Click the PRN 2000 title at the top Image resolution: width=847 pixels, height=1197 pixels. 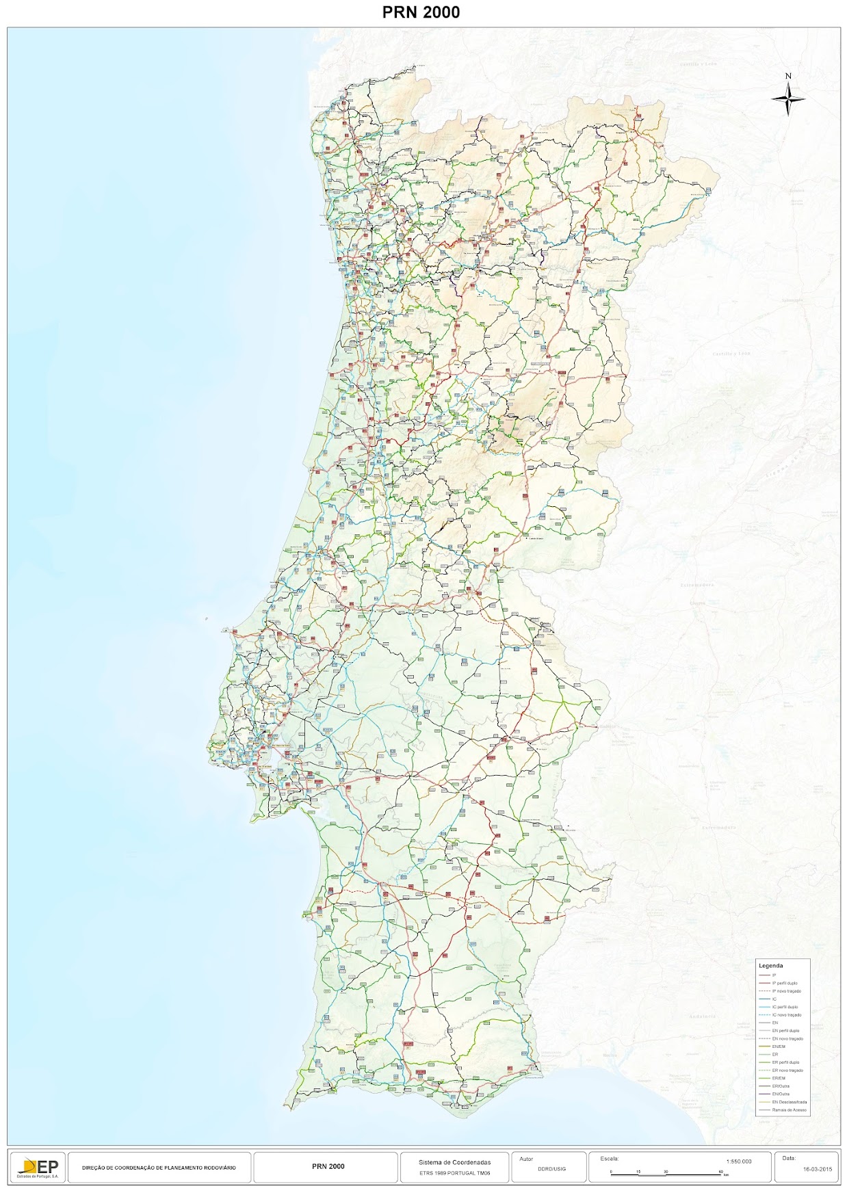tap(421, 12)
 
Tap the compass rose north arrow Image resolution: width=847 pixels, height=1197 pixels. tap(788, 99)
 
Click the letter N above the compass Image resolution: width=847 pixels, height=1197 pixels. tap(788, 76)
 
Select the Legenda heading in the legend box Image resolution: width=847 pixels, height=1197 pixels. tap(770, 966)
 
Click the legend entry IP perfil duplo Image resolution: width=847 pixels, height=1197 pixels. tap(784, 983)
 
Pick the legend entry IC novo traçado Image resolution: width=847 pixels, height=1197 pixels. tap(786, 1015)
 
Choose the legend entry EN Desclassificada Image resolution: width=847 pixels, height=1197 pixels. tap(789, 1102)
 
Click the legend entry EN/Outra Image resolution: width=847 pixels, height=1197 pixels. tap(780, 1094)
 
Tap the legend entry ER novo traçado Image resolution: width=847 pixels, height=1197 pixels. tap(787, 1070)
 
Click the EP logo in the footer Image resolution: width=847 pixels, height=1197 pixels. tap(40, 1168)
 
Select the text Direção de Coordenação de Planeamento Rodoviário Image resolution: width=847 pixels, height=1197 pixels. tap(158, 1168)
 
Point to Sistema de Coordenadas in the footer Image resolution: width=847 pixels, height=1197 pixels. tap(454, 1162)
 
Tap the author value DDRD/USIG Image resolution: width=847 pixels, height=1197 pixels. tap(551, 1169)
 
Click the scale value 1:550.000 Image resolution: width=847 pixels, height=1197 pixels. tap(738, 1161)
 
